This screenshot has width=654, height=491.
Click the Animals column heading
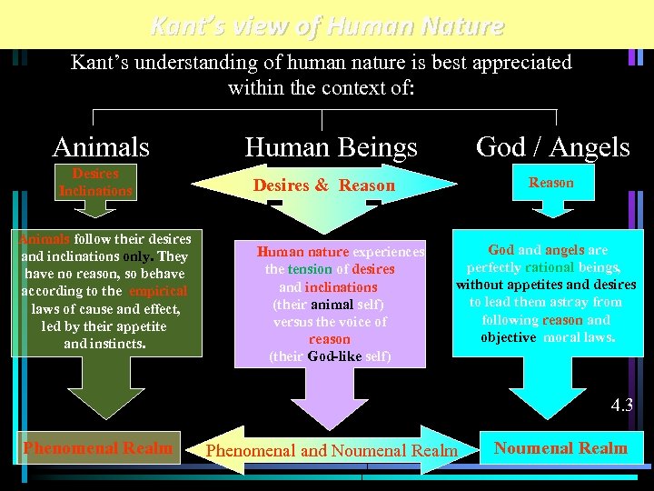coord(101,146)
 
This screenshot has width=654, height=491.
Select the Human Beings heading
coord(331,146)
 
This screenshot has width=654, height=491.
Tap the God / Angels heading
coord(553,146)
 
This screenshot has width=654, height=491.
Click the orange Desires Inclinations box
coord(95,182)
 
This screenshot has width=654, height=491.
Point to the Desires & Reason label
coord(324,185)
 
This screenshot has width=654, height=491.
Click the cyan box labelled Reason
coord(551,183)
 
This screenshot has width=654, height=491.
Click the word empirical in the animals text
coord(158,291)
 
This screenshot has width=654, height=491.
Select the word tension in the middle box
coord(310,269)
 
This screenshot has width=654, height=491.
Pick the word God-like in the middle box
coord(334,356)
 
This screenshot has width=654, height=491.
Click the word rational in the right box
coord(548,267)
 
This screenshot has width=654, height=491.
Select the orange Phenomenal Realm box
coord(98,447)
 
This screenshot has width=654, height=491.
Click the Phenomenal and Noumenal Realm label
coord(332,450)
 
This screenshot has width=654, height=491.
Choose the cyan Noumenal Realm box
coord(560,447)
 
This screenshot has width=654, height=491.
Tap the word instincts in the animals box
coord(117,343)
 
